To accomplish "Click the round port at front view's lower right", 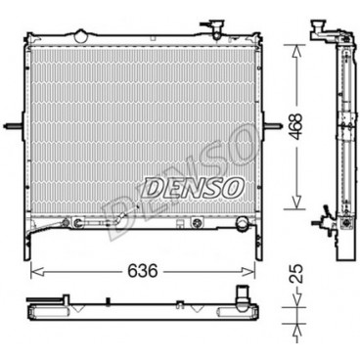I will pos(242,224).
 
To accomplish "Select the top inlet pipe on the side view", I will pos(320,32).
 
